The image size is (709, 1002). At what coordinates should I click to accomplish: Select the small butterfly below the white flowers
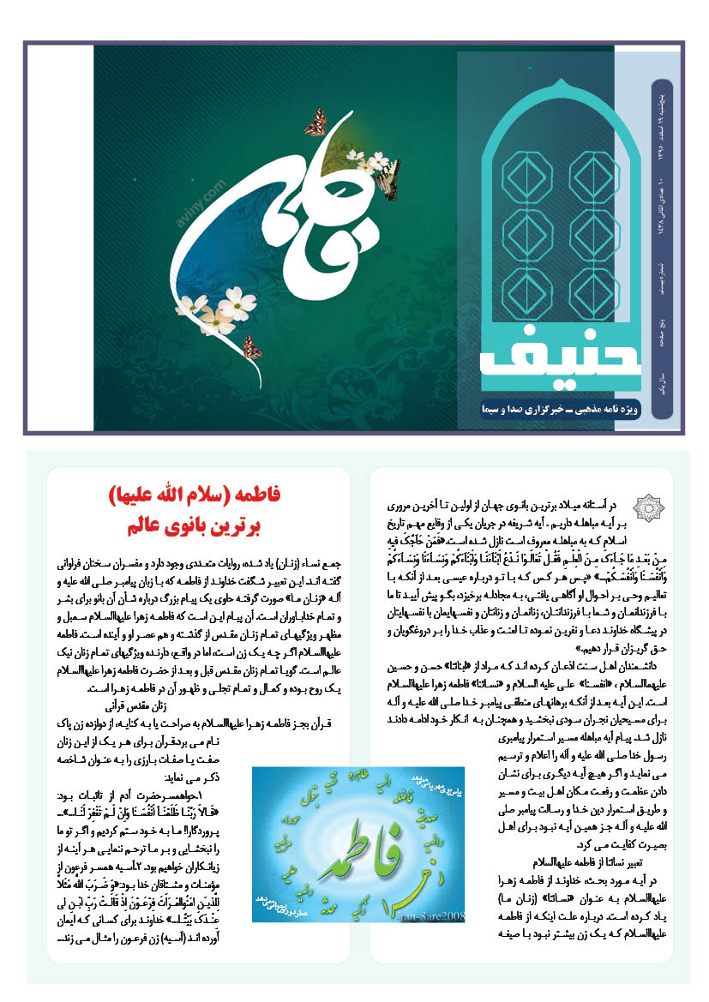pos(252,347)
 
